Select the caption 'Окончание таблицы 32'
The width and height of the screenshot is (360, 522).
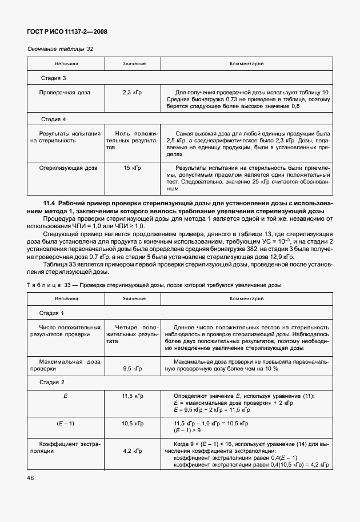(x=60, y=49)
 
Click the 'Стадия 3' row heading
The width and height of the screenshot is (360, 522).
(x=54, y=78)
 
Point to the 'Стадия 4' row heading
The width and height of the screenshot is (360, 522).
(x=54, y=119)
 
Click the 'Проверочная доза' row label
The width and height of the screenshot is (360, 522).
(x=65, y=92)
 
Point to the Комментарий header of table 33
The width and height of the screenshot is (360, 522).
(x=246, y=299)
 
